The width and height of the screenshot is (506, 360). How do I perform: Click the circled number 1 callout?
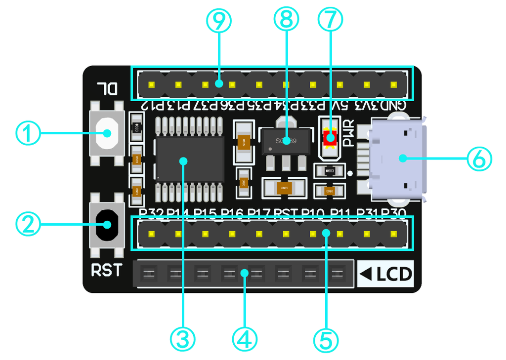point(28,133)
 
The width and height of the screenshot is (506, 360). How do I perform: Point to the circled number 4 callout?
point(245,339)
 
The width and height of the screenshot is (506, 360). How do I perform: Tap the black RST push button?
point(106,225)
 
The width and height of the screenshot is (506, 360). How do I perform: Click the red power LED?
point(329,137)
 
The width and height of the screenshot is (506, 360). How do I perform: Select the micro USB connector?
point(395,158)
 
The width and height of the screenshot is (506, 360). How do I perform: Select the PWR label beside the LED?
point(349,134)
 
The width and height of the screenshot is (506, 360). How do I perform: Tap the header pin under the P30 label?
point(394,233)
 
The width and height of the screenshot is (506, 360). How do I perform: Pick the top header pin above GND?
point(394,84)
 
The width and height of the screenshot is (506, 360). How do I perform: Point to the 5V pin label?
point(340,105)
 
